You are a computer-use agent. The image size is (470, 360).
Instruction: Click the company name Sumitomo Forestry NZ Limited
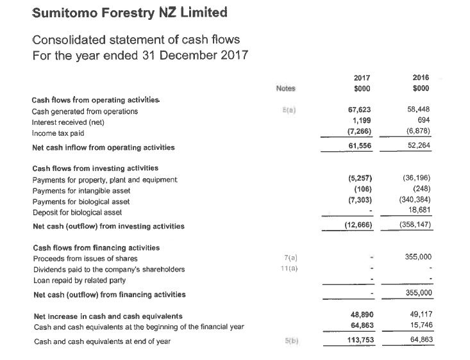tap(120, 12)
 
